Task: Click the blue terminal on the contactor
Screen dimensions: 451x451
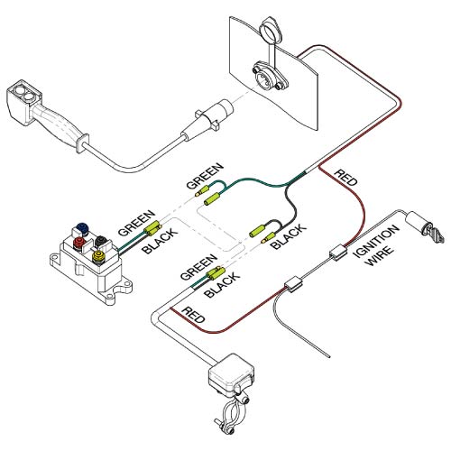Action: (x=83, y=228)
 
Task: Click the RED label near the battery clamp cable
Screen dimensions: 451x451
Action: (x=193, y=317)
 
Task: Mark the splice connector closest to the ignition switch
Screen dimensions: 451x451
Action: (x=337, y=253)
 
